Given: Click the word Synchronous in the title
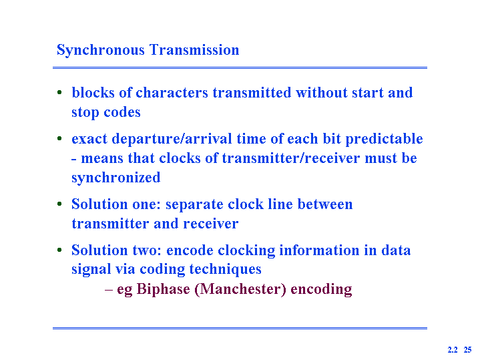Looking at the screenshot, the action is click(101, 50).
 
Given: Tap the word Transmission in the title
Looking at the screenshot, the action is click(194, 49).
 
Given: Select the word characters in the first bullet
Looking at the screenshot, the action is click(172, 93).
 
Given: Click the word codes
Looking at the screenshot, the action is click(122, 112).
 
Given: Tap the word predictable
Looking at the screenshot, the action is click(384, 139).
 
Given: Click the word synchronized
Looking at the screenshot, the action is click(116, 178).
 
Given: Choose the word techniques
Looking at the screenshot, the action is click(225, 269).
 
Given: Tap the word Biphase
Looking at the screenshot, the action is click(163, 289).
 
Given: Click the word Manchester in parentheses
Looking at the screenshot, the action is click(240, 289).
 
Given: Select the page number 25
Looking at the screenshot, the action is click(467, 349).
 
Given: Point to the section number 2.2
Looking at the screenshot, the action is click(453, 349).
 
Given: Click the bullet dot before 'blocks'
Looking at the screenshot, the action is click(59, 92).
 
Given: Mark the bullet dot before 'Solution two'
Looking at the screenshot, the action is click(59, 250).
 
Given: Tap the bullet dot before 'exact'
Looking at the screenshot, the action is click(59, 138).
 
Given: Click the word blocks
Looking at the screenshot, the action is click(93, 93).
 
